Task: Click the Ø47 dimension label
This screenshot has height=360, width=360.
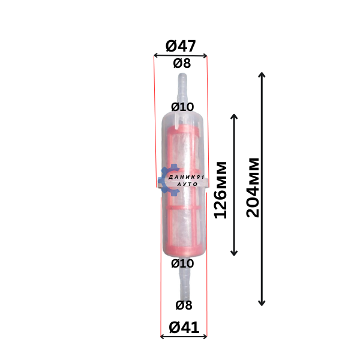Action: pos(181,46)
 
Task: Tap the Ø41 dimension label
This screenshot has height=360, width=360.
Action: pos(184,328)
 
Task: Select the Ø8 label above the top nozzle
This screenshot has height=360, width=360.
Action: pos(182,63)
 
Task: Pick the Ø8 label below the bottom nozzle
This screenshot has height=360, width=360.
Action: pos(184,305)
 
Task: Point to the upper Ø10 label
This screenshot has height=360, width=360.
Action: pos(182,107)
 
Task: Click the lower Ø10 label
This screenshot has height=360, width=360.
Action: pos(182,263)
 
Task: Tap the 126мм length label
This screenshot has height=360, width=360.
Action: pos(220,190)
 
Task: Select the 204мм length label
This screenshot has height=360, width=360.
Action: pos(253,188)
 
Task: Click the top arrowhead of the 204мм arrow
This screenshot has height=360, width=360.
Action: pos(262,73)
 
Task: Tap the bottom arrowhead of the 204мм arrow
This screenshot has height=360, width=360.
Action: pos(262,305)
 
